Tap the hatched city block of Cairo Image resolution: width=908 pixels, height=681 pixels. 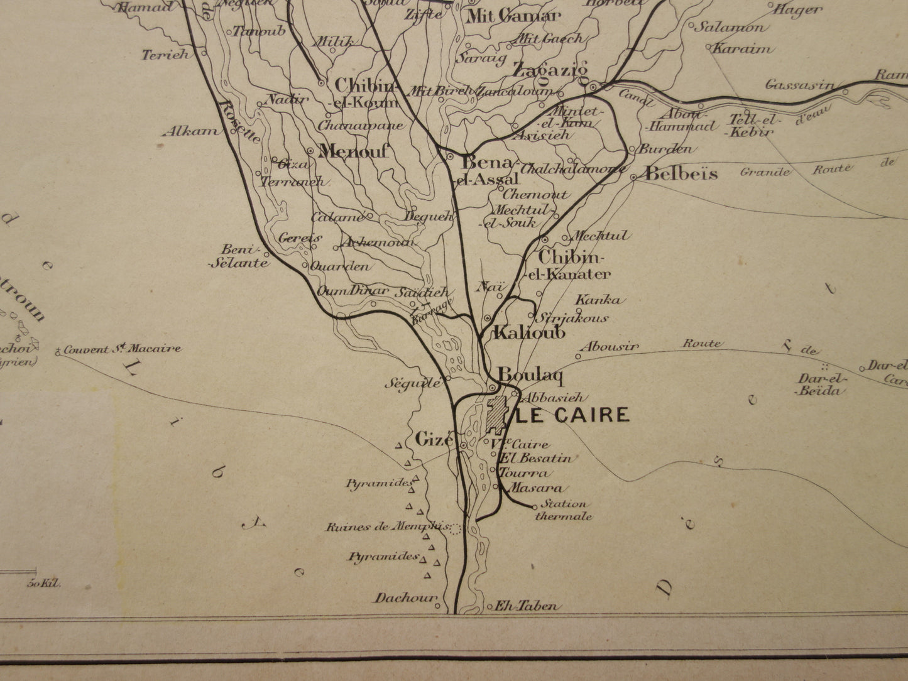496,415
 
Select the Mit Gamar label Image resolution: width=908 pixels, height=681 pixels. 511,16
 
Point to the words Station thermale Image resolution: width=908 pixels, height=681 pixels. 563,510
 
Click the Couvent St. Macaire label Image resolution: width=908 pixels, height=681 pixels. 123,349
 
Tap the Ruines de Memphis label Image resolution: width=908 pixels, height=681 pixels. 387,527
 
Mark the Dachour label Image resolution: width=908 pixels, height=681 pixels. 405,598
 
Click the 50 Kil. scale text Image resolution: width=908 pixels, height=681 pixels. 43,584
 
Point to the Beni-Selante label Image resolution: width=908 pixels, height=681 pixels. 239,256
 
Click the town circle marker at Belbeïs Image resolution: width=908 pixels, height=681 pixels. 633,178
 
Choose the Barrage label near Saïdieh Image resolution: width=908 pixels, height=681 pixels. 432,310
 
